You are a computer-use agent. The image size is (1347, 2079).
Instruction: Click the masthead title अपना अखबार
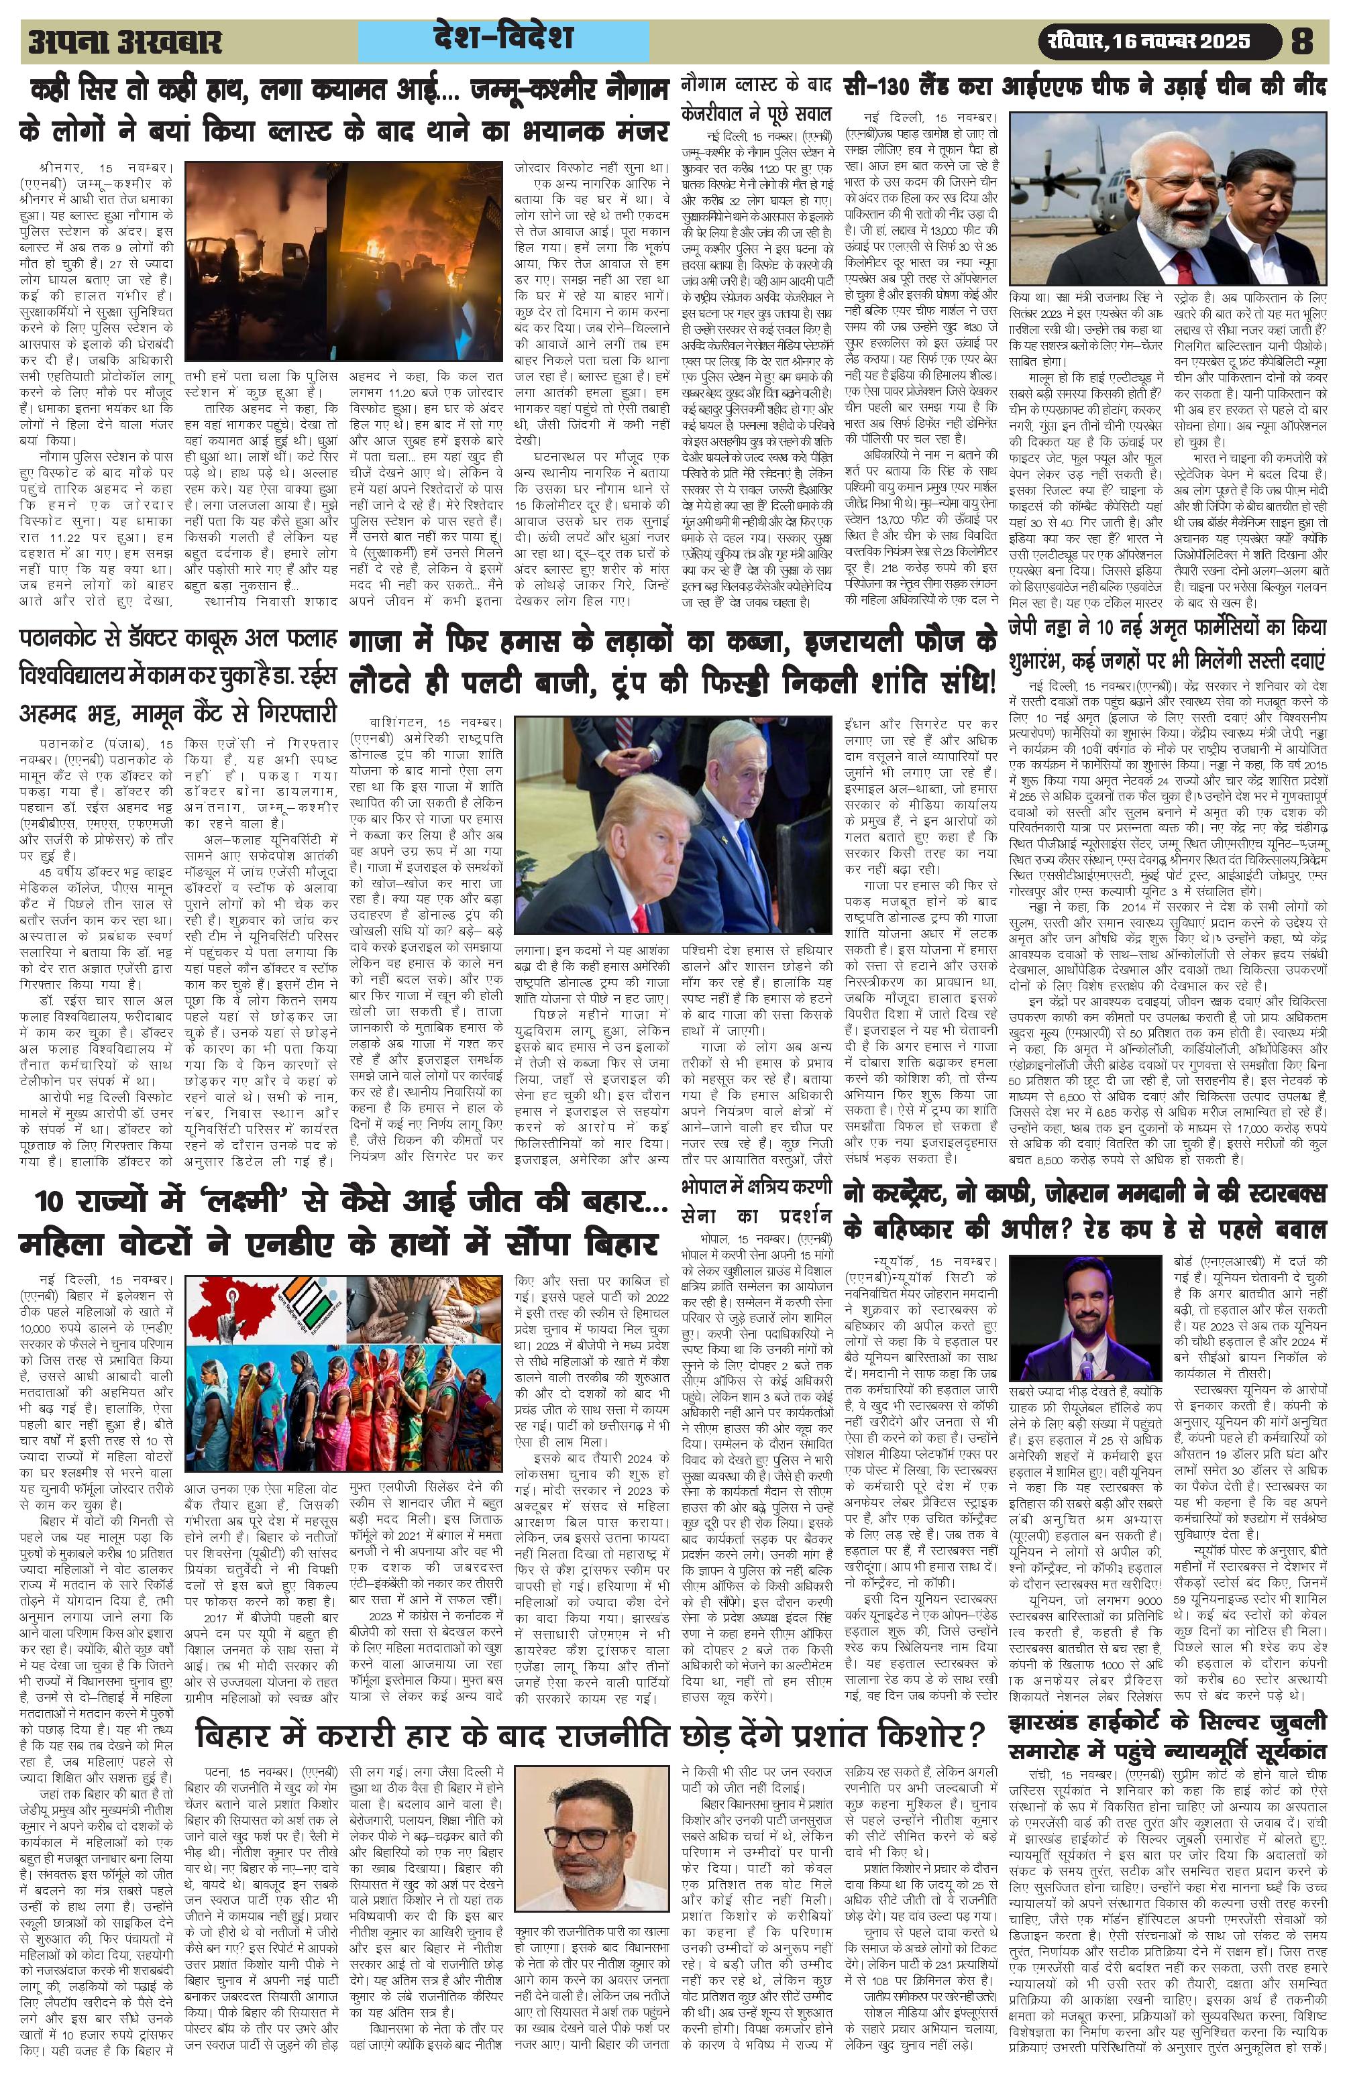(x=125, y=41)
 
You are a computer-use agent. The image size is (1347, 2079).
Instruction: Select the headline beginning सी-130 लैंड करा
(x=1084, y=87)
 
